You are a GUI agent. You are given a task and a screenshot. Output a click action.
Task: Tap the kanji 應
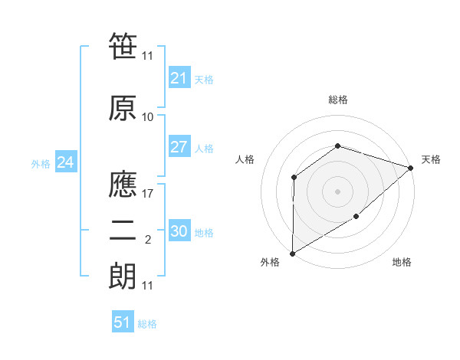[x=123, y=184]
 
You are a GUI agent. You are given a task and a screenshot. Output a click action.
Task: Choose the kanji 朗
[x=123, y=276]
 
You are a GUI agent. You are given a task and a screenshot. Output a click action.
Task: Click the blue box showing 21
[x=179, y=78]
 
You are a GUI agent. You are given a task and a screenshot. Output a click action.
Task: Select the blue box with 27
[x=179, y=147]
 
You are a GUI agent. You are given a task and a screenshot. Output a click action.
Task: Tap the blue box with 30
[x=179, y=231]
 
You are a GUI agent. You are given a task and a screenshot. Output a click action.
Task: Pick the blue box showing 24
[x=65, y=162]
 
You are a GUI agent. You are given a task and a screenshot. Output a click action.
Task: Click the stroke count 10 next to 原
[x=148, y=116]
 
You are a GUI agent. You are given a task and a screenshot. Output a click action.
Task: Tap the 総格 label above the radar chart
[x=337, y=100]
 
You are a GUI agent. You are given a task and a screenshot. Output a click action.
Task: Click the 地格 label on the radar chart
[x=402, y=263]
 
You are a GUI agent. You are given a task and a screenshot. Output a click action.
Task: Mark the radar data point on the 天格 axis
[x=411, y=169]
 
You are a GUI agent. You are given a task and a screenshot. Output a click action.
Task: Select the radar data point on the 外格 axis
[x=292, y=253]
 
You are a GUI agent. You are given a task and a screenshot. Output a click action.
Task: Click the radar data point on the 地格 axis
[x=357, y=218]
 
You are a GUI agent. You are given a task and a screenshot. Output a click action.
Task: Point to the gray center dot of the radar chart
[x=337, y=191]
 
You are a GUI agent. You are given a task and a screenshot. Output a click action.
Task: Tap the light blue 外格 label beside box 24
[x=41, y=163]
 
